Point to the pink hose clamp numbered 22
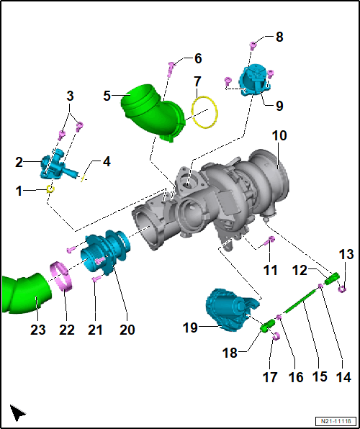(63, 276)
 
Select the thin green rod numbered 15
(301, 301)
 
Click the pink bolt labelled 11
(270, 240)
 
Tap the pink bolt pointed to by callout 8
(253, 45)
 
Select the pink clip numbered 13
(342, 288)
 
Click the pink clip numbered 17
(276, 335)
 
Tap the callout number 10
(279, 136)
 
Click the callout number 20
(127, 329)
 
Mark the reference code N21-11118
(336, 421)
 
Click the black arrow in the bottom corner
(17, 412)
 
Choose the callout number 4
(107, 162)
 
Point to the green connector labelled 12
(332, 279)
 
